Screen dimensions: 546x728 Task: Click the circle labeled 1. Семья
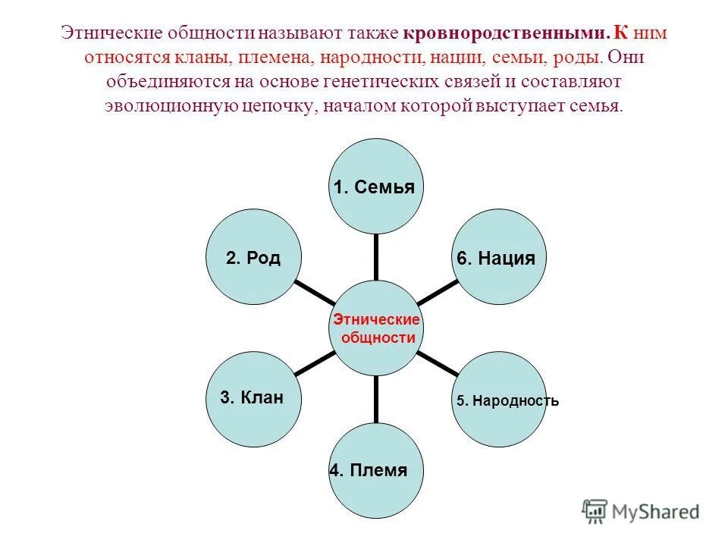point(375,186)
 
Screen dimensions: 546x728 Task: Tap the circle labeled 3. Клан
point(253,397)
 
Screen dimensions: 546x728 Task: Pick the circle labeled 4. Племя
point(375,471)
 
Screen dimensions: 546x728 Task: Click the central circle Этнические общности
point(375,328)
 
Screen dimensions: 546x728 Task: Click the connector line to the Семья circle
point(375,256)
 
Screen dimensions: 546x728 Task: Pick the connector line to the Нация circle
point(438,292)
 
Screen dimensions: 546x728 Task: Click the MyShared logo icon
point(595,510)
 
